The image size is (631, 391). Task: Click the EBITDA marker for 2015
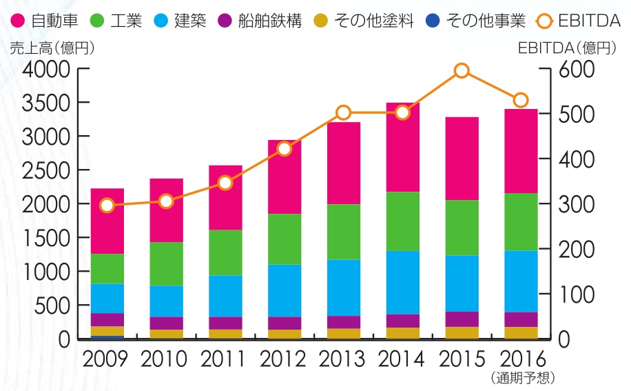point(462,71)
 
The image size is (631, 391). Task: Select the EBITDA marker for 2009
point(107,205)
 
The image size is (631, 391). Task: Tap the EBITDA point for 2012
point(285,149)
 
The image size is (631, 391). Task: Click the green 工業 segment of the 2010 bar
point(166,264)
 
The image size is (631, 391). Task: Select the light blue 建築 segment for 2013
point(344,288)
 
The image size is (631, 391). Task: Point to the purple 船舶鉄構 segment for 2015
point(462,319)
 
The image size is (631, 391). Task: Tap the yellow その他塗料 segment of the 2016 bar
point(521,332)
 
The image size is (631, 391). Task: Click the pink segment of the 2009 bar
point(107,221)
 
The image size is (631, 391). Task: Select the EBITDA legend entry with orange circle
point(578,21)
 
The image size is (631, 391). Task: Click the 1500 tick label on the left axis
point(45,238)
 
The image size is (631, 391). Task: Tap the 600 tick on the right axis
point(572,69)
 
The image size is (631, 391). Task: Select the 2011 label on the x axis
point(225,359)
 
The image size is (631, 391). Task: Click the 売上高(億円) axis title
point(52,48)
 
